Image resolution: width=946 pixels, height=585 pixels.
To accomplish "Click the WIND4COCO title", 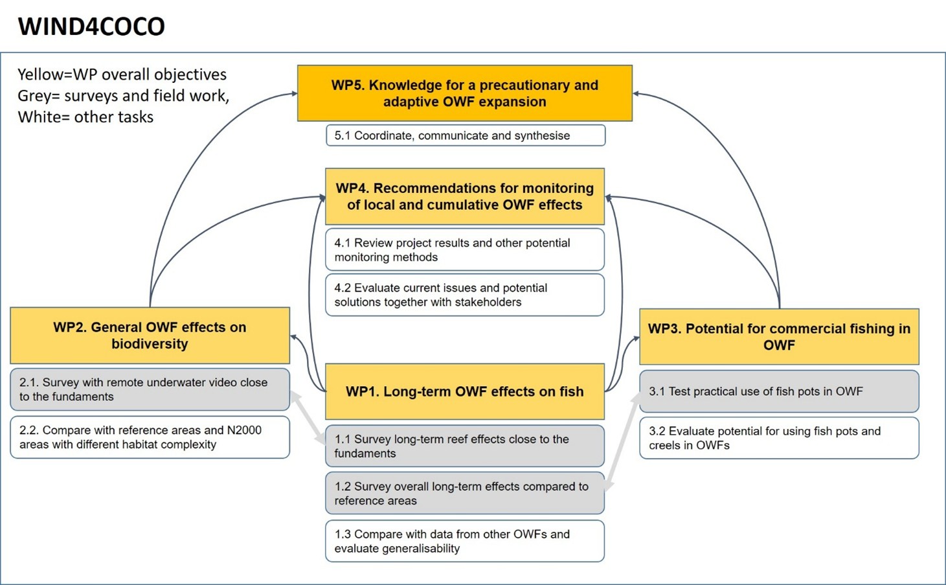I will coord(91,27).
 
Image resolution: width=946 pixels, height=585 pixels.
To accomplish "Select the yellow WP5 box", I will coord(464,93).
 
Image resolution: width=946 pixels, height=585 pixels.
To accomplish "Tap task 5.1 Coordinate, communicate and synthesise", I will coord(465,135).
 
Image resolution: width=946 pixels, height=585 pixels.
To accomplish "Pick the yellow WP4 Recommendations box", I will coord(464,196).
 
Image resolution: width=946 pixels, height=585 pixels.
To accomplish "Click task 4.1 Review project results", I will coord(464,249).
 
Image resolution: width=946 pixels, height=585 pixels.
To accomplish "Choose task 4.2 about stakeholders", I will coord(464,295).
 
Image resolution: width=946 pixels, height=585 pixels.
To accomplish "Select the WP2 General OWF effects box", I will coord(150,335).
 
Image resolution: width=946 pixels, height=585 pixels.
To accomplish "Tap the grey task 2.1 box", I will coord(150,389).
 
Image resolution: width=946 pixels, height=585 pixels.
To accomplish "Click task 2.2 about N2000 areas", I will coord(150,437).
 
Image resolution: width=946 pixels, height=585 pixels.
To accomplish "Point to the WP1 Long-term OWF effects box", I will coord(464,391).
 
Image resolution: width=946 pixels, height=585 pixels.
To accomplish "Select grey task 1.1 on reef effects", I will coord(464,446).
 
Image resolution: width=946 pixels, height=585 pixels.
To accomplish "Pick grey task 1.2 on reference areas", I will coord(464,493).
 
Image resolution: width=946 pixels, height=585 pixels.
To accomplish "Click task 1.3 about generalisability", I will coord(464,541).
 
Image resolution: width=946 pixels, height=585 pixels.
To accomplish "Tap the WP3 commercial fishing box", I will coord(779,336).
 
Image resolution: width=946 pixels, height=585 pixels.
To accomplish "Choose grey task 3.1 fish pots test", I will coord(779,391).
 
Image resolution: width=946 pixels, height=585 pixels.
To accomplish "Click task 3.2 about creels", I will coord(779,438).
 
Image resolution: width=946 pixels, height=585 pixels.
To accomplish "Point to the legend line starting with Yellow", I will coord(122,75).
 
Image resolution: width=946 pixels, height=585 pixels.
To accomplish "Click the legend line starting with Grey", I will coord(123,96).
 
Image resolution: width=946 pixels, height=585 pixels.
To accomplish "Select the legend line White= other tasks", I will coord(85,117).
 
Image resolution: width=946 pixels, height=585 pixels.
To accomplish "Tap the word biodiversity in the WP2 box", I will coord(150,344).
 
